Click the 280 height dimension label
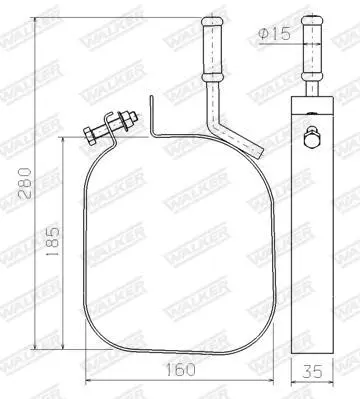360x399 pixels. (x=24, y=184)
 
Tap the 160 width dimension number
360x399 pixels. (x=180, y=370)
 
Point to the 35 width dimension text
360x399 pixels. (x=312, y=371)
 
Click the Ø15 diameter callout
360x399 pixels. (x=274, y=34)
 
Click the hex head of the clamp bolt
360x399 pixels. (x=90, y=136)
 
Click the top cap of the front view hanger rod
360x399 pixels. (x=212, y=22)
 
